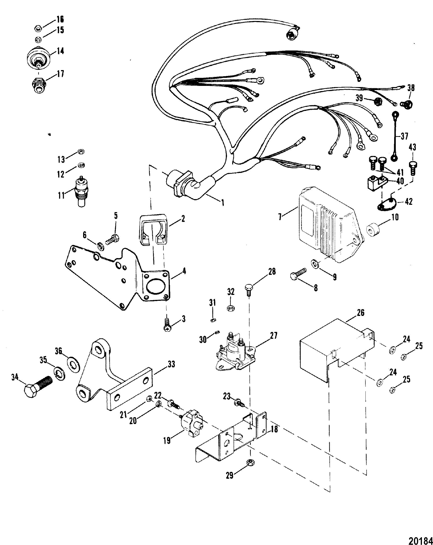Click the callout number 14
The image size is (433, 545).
(x=60, y=51)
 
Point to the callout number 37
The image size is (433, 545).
(x=404, y=137)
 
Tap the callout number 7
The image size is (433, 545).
(x=280, y=217)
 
